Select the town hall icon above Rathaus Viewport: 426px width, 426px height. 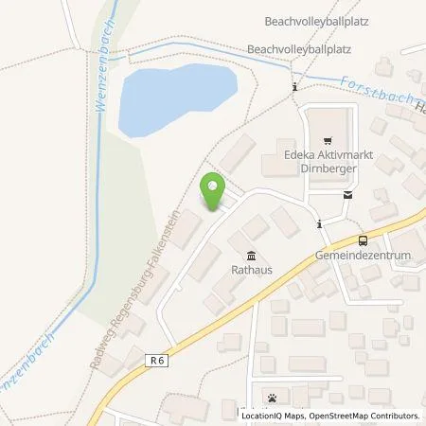(250, 255)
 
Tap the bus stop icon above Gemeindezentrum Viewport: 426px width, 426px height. (362, 241)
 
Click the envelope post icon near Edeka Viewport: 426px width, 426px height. (349, 195)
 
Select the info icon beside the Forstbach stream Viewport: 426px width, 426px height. (296, 87)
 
